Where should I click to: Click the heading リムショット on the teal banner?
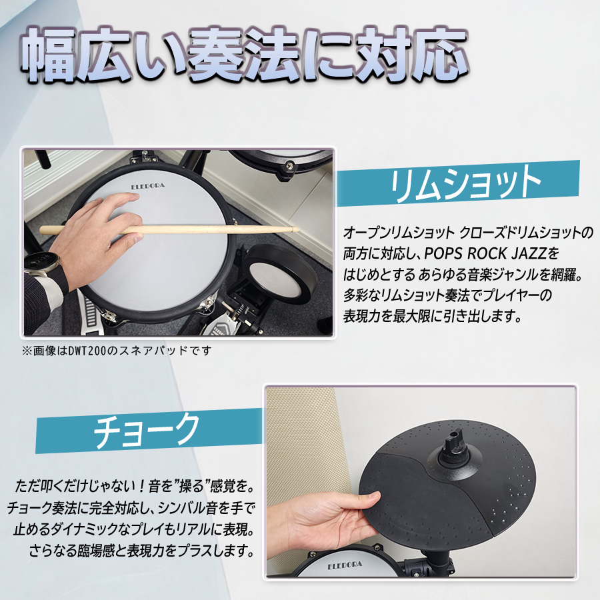click(x=465, y=185)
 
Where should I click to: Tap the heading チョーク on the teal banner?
click(x=147, y=431)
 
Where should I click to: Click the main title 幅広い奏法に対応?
click(x=245, y=54)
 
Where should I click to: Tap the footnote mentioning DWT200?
click(x=117, y=351)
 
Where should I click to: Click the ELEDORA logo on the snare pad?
click(x=148, y=186)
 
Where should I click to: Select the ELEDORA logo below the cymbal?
click(x=345, y=565)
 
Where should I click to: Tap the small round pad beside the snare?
click(x=280, y=273)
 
